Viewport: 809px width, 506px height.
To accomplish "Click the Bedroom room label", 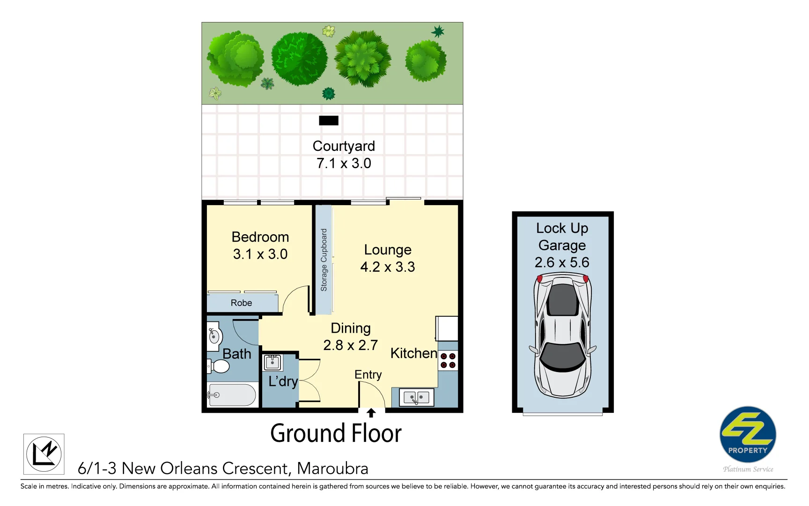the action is click(x=260, y=237).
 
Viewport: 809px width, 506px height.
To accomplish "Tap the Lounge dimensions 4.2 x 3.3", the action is click(x=388, y=267).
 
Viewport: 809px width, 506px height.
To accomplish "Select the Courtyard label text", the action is click(x=344, y=146).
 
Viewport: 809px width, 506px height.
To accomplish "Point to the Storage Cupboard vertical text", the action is click(x=324, y=260).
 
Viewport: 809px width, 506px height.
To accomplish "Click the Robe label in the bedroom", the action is click(x=241, y=303).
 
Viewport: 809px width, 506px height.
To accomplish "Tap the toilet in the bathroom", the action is click(x=218, y=366).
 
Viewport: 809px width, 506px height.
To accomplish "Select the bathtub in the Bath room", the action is click(x=232, y=395).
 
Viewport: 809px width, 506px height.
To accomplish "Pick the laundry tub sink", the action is click(x=272, y=362).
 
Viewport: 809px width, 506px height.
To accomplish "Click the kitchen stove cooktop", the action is click(x=448, y=361).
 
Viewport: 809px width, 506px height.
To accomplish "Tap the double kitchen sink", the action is click(x=416, y=398).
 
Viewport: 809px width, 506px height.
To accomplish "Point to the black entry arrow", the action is click(x=371, y=413).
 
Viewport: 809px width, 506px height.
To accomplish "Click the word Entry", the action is click(x=368, y=375).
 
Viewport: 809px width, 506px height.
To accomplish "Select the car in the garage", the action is click(x=562, y=335).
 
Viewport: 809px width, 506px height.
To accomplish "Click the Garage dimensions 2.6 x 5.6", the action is click(x=562, y=262).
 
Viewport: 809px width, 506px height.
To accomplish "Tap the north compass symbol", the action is click(x=44, y=454).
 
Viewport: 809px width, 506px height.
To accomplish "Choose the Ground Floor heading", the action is click(x=336, y=433).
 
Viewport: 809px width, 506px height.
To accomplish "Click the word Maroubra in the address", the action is click(x=332, y=469).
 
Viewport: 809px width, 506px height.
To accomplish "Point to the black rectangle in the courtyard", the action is click(x=329, y=120).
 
